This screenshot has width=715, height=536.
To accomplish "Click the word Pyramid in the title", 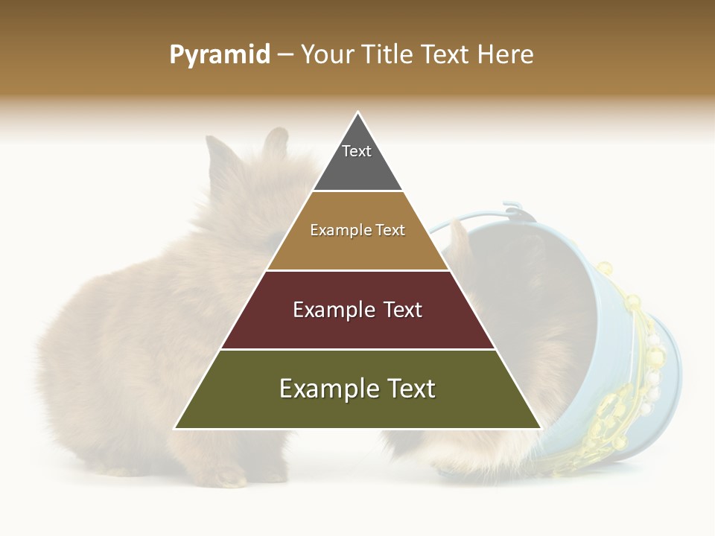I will (x=220, y=55).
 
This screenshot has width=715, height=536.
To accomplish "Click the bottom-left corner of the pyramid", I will (x=176, y=428).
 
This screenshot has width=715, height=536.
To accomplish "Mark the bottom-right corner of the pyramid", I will (x=540, y=428).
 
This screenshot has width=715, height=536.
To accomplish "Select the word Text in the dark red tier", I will (x=398, y=310).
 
